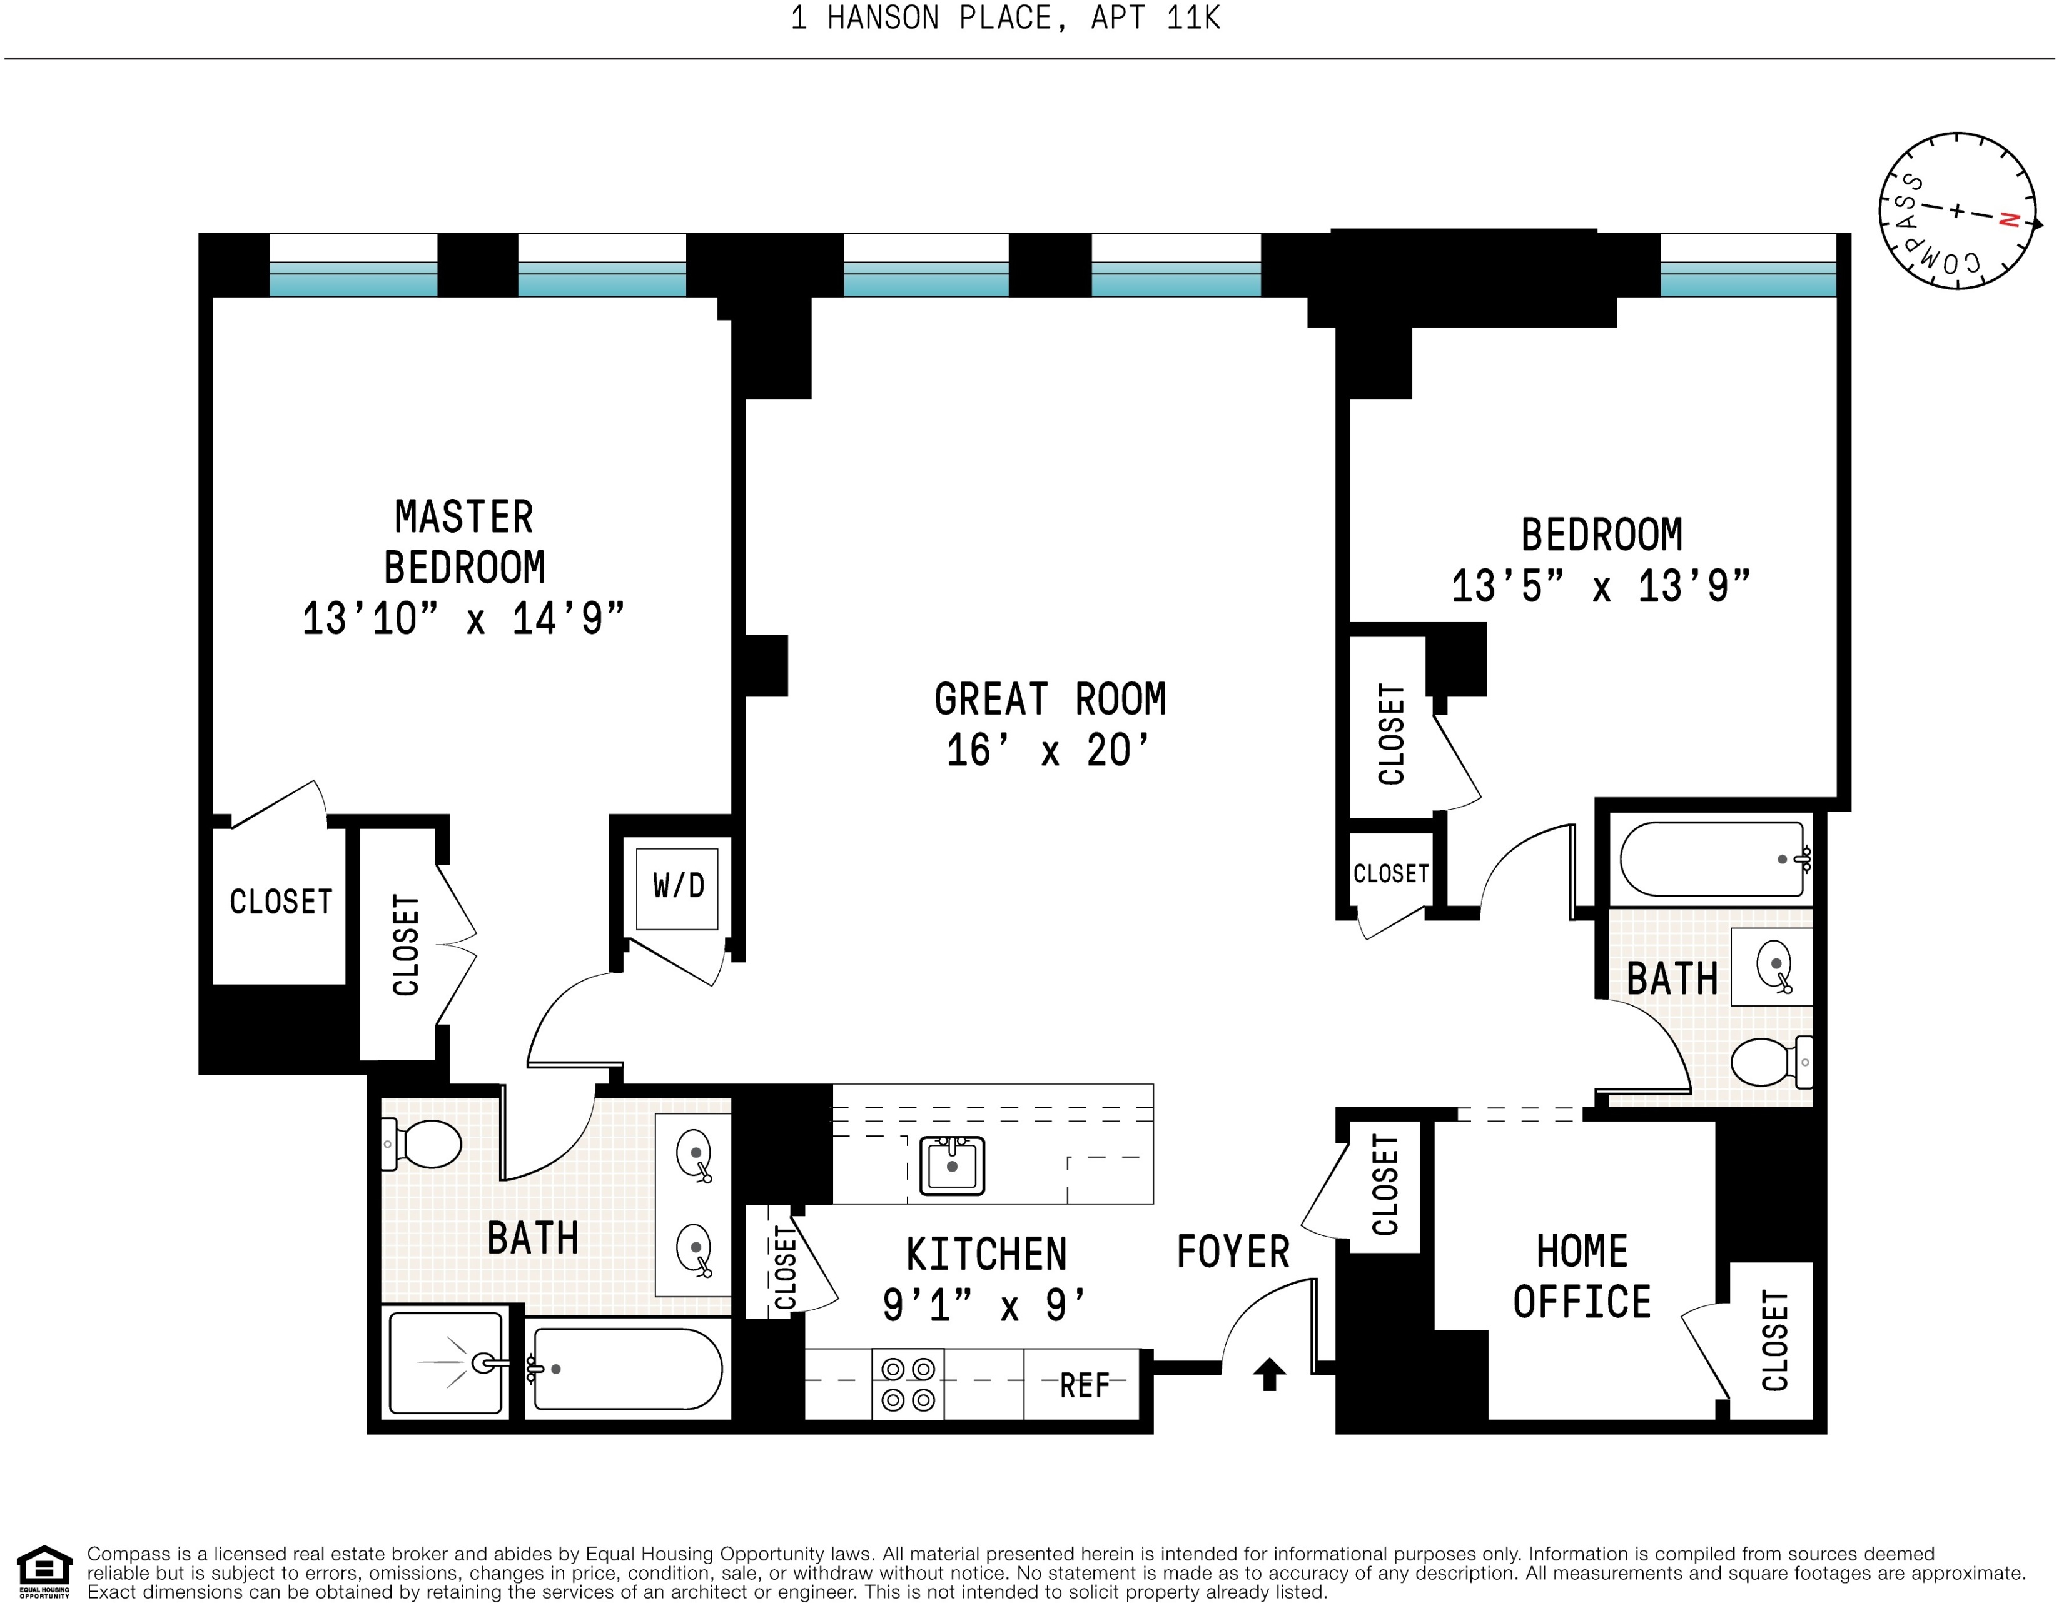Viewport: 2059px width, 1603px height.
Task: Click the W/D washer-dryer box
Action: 677,888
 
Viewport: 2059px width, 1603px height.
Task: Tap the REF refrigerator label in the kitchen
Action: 1084,1385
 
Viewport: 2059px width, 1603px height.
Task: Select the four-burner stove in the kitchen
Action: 908,1384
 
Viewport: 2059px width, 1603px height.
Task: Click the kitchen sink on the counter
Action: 951,1166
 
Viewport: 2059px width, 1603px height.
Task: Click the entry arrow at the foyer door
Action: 1269,1374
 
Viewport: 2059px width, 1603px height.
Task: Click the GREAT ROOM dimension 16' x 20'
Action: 1048,751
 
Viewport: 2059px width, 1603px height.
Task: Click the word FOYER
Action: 1233,1252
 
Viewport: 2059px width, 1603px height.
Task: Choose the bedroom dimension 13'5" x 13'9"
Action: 1601,586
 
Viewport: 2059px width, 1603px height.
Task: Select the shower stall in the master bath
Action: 446,1363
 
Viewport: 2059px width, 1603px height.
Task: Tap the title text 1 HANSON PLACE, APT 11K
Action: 1005,18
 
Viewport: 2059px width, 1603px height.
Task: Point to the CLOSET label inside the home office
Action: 1775,1340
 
